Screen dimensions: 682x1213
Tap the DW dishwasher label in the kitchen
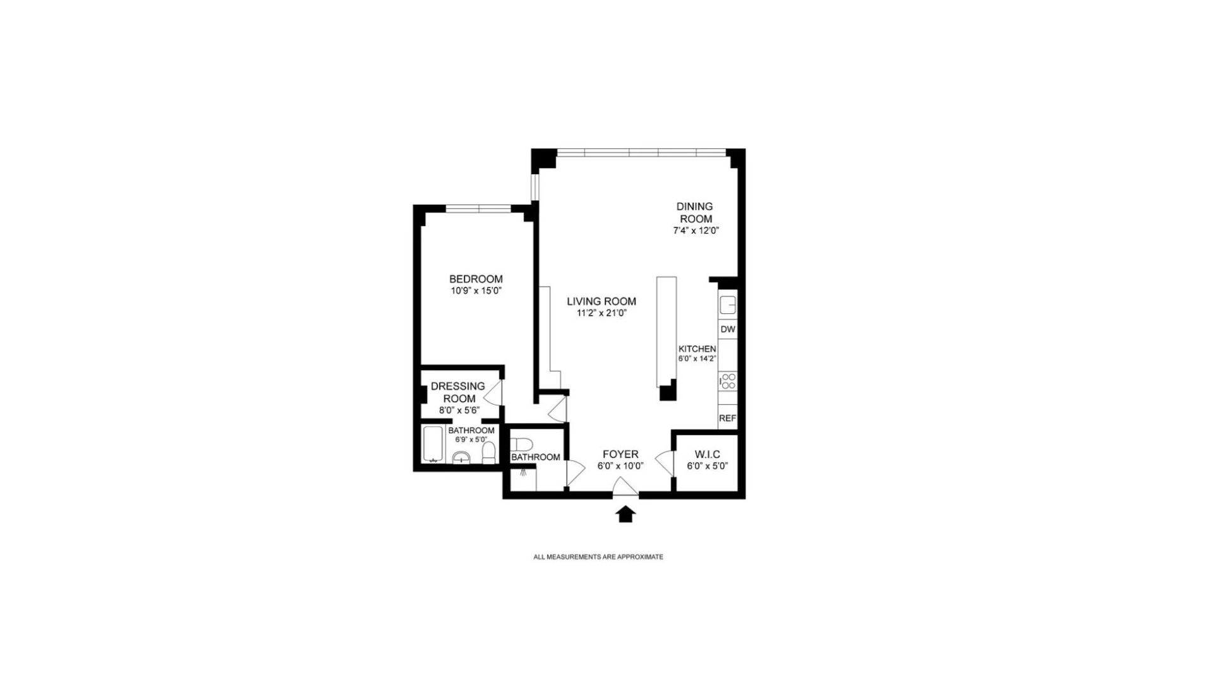tap(728, 330)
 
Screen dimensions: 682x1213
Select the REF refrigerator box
tap(728, 418)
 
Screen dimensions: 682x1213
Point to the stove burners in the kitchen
tap(728, 381)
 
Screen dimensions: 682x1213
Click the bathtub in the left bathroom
tap(433, 444)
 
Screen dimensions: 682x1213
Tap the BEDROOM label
tap(476, 279)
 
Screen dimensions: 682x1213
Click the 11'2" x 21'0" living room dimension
tap(601, 313)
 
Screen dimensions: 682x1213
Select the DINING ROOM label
tap(694, 213)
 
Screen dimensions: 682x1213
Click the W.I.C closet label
tap(707, 455)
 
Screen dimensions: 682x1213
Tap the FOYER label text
tap(620, 454)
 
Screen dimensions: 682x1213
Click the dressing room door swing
tap(493, 393)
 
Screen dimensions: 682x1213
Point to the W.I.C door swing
tap(665, 463)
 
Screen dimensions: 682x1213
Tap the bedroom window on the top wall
tap(478, 208)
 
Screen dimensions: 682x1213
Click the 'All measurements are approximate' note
tap(598, 557)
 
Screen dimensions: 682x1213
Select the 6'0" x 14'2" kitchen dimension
tap(697, 359)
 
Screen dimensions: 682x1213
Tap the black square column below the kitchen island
tap(668, 393)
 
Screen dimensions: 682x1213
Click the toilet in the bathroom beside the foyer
tap(522, 444)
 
